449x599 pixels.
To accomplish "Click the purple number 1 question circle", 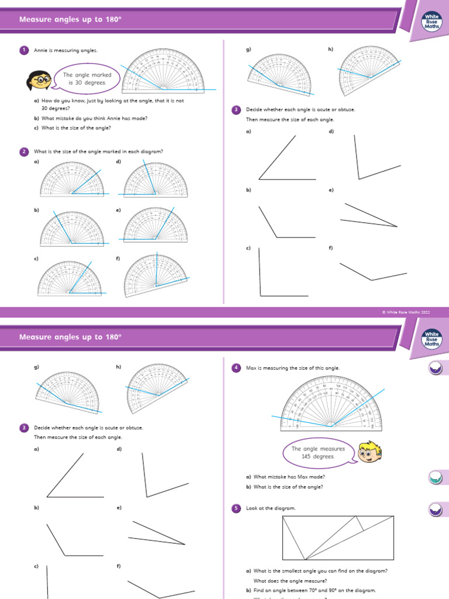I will pos(24,50).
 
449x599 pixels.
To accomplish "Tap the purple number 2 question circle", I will pos(24,152).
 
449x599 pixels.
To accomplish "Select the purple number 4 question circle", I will pos(236,367).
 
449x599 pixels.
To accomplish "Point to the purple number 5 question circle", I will pos(236,508).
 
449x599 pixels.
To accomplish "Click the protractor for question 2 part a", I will pos(71,179).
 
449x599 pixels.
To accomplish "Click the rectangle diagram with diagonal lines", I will pos(338,537).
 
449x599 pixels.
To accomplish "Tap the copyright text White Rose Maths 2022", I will pos(406,313).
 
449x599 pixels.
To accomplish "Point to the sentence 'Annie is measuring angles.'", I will pos(66,50).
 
